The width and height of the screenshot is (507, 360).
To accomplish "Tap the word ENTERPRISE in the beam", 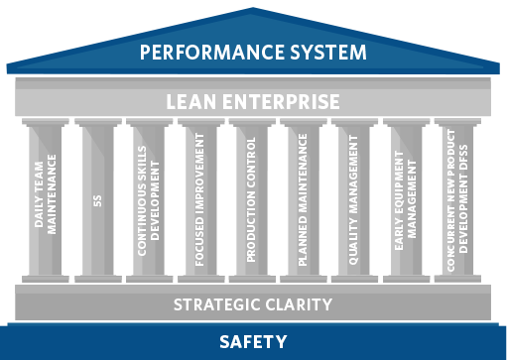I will pyautogui.click(x=285, y=101).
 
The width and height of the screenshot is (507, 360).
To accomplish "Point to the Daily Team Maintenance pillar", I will pyautogui.click(x=46, y=198).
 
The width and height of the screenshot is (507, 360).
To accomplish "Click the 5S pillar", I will pyautogui.click(x=97, y=198).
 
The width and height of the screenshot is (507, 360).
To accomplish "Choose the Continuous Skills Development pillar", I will pyautogui.click(x=149, y=198).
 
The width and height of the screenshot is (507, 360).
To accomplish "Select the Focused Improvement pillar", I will pyautogui.click(x=200, y=198).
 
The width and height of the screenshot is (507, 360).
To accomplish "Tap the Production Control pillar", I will pyautogui.click(x=252, y=198).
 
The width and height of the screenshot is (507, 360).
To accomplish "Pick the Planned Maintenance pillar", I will pyautogui.click(x=304, y=198).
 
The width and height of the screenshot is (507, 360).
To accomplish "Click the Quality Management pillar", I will pyautogui.click(x=355, y=198).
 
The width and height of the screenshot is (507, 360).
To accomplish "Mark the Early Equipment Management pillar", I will pyautogui.click(x=407, y=198).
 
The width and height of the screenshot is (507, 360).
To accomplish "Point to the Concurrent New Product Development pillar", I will pyautogui.click(x=458, y=198).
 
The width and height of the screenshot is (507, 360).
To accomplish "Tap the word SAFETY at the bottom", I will pyautogui.click(x=253, y=342).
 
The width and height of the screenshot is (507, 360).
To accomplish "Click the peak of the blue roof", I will pyautogui.click(x=253, y=9).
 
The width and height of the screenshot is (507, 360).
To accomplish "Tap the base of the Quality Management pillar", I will pyautogui.click(x=355, y=278).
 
